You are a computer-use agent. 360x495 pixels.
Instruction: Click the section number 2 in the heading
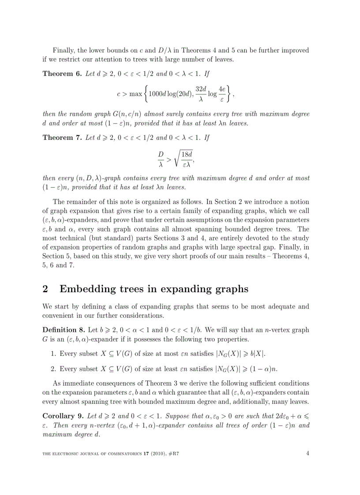point(45,289)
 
